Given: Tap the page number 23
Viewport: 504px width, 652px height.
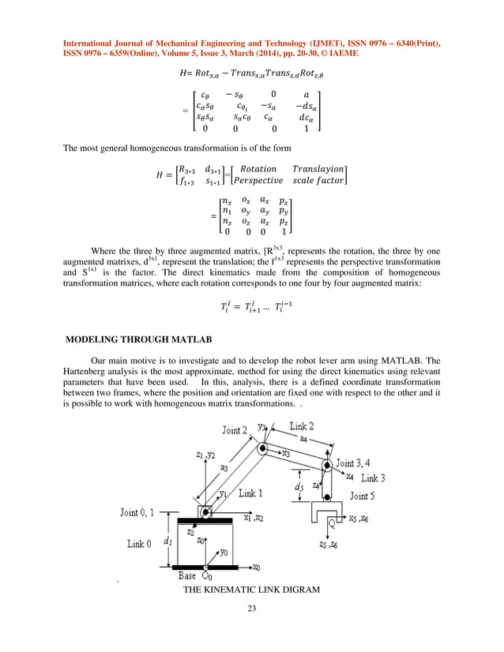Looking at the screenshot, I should pos(251,609).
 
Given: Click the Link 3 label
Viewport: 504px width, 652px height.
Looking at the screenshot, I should pos(373,478).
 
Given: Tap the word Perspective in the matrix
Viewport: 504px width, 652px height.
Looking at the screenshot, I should pos(258,181).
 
